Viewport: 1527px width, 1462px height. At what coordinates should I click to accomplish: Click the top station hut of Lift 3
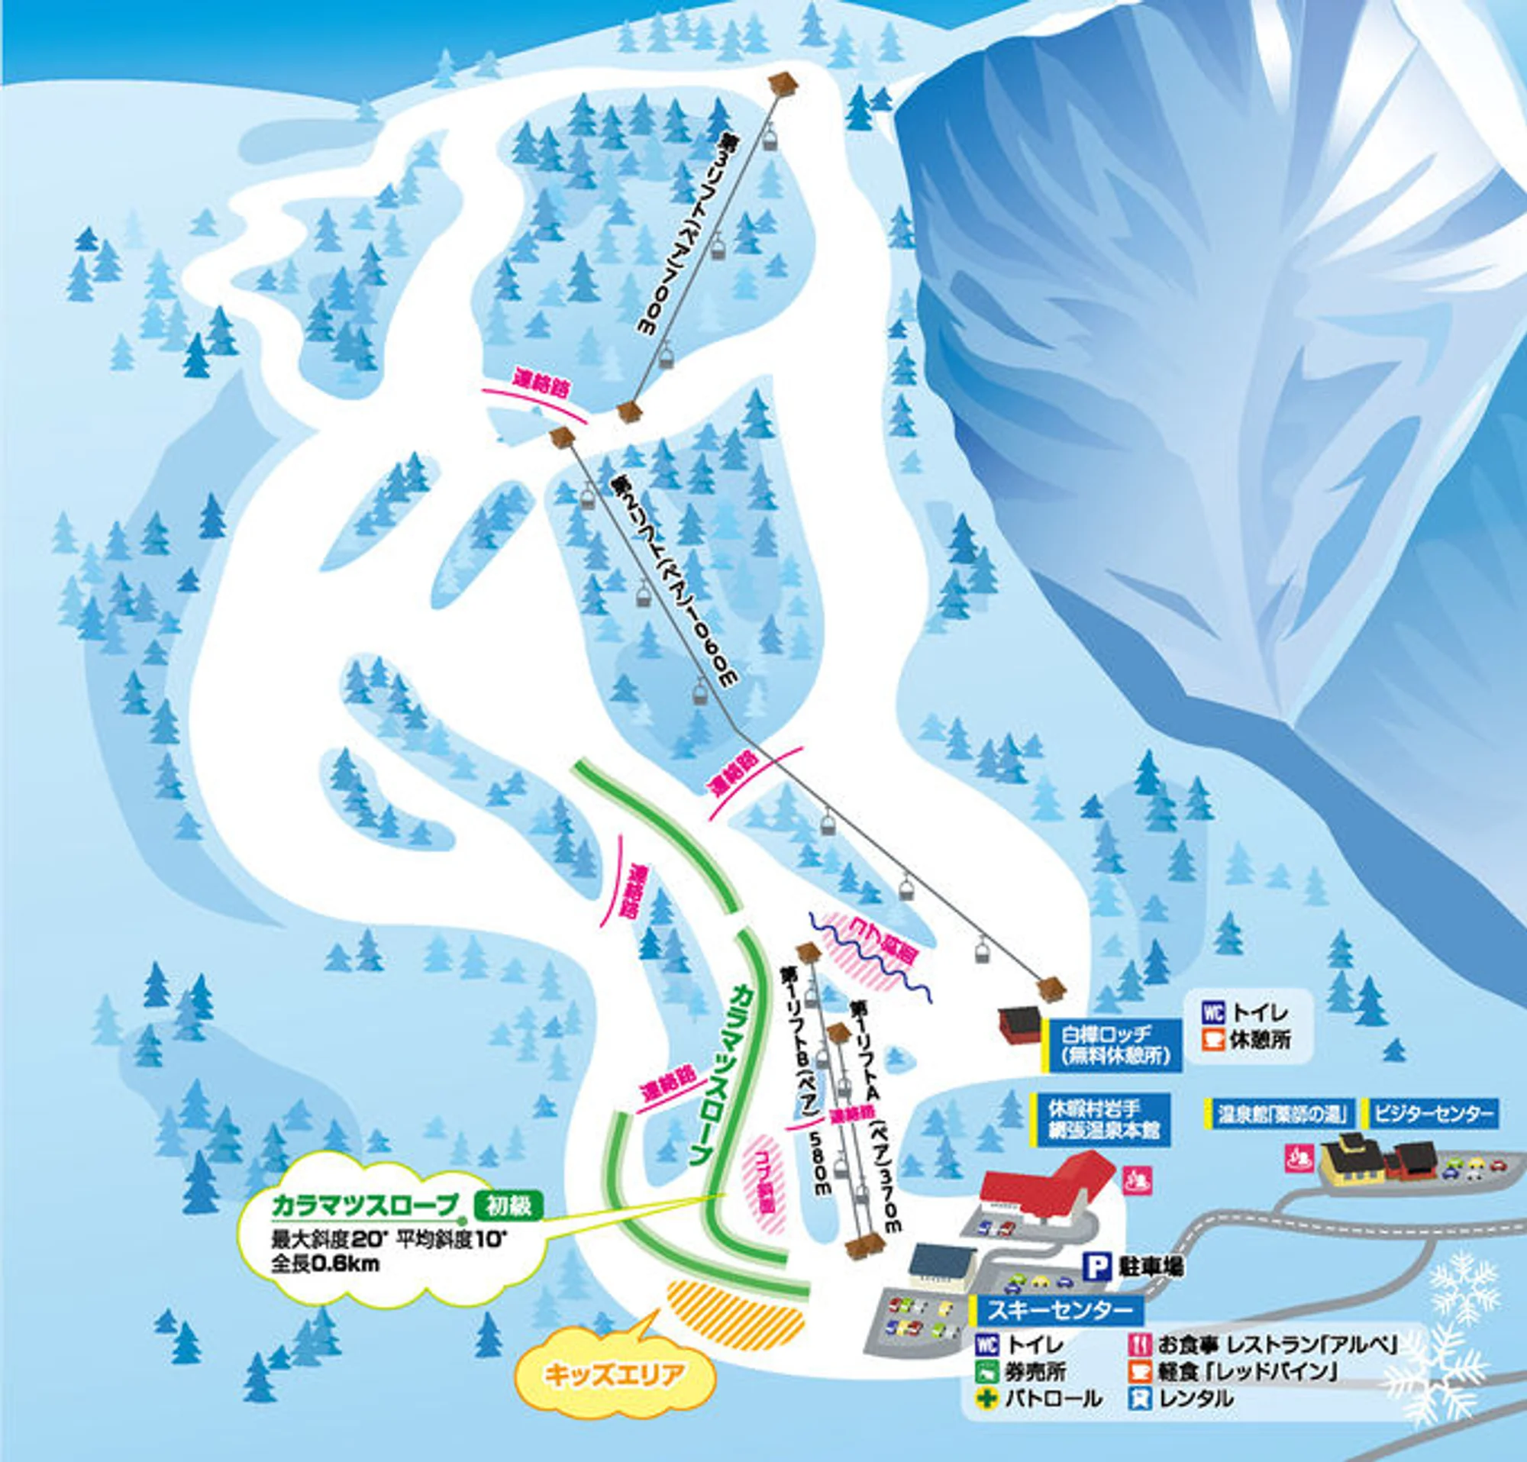coord(784,82)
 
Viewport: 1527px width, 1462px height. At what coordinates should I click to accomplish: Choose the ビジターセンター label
coord(1433,1113)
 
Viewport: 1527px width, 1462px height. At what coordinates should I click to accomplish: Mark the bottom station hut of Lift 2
coord(1051,989)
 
